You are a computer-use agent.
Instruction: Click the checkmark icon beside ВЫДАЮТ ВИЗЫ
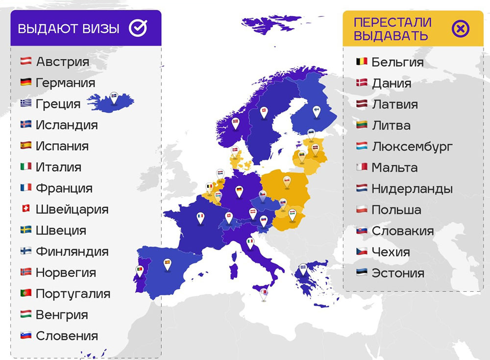tap(138, 28)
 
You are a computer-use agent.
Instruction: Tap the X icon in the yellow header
tap(460, 28)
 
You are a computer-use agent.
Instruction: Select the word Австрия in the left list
tap(63, 62)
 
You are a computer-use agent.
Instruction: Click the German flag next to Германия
tap(26, 82)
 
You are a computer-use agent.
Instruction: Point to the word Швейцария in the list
tap(72, 209)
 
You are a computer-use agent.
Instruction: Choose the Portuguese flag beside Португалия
tap(26, 293)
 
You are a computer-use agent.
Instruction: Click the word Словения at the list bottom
tap(67, 336)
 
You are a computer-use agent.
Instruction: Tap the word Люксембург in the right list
tap(412, 146)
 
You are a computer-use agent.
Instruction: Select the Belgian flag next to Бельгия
tap(362, 62)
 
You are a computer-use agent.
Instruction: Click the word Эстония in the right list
tap(398, 273)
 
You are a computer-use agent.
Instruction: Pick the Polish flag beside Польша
tap(362, 209)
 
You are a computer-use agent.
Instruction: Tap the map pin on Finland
tap(316, 112)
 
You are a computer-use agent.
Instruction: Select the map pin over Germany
tap(239, 191)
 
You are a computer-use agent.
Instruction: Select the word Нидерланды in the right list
tap(412, 188)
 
